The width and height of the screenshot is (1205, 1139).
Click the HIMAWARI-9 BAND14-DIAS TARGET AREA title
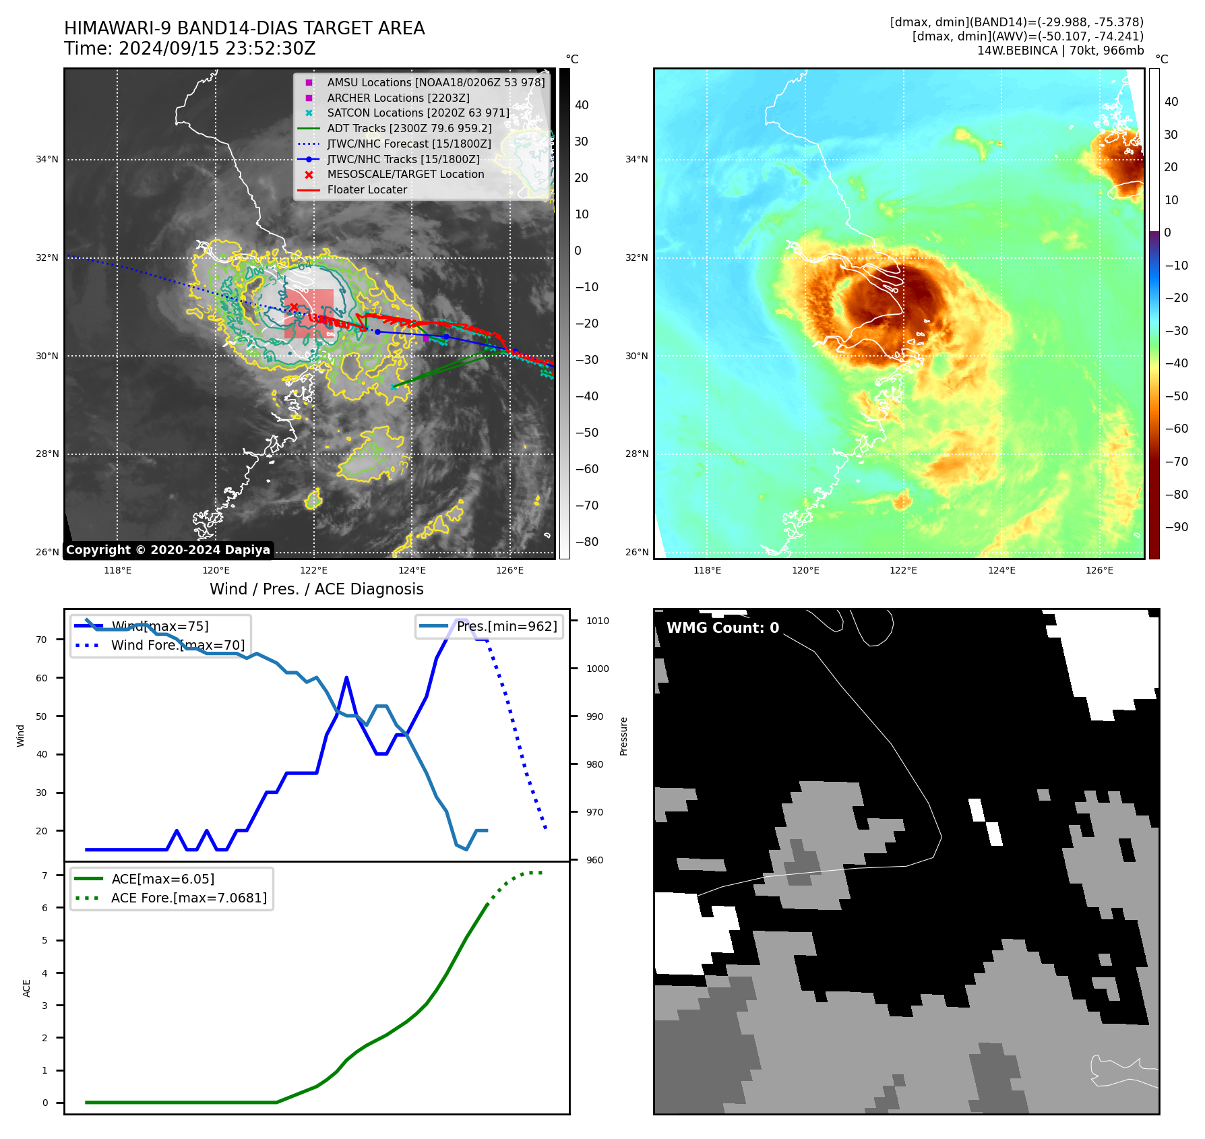click(244, 28)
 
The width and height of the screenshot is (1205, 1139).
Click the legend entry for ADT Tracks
click(409, 128)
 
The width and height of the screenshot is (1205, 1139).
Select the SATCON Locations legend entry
click(418, 113)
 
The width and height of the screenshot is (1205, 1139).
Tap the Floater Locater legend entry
click(367, 189)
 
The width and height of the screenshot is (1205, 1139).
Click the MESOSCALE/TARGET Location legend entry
click(405, 174)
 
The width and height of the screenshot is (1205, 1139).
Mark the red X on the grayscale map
click(294, 307)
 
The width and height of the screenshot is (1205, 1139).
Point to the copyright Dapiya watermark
click(168, 550)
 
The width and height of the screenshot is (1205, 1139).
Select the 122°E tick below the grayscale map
click(314, 570)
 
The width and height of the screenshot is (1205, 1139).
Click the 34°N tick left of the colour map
click(636, 160)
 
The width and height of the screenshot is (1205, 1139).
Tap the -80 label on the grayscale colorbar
click(586, 542)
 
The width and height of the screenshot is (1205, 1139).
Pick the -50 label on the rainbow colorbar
click(1176, 396)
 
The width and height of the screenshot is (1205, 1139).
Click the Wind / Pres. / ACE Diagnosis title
click(316, 589)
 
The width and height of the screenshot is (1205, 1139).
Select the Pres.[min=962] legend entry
click(506, 626)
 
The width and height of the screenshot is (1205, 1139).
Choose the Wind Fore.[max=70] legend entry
click(177, 645)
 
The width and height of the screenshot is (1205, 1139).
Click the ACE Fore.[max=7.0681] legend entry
click(189, 898)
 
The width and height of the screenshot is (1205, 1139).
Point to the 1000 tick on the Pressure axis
click(597, 669)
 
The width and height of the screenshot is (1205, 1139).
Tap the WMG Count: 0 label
click(722, 628)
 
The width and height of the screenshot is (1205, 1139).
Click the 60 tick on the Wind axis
click(42, 678)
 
